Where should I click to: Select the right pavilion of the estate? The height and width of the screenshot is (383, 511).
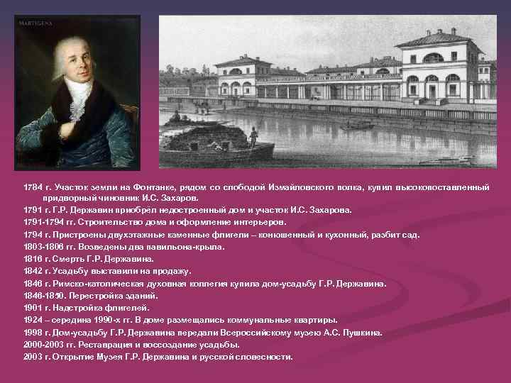[439, 67]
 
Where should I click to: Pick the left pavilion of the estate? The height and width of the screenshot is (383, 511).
[242, 77]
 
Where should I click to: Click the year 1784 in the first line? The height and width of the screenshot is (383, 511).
[33, 187]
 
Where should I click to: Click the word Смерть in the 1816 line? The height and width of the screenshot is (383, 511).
[67, 258]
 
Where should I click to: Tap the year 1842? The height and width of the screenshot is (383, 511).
[33, 271]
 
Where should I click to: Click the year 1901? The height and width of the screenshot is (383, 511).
[33, 307]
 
